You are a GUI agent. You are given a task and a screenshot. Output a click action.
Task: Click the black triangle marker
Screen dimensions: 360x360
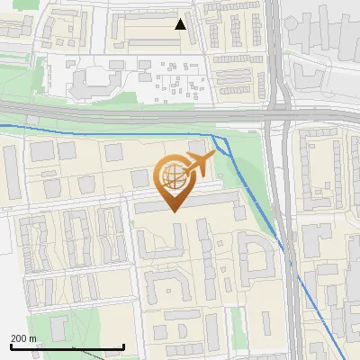[181, 24]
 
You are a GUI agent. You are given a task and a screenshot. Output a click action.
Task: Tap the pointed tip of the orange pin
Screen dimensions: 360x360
[174, 211]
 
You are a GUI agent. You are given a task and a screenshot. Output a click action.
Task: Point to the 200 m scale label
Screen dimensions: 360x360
[23, 338]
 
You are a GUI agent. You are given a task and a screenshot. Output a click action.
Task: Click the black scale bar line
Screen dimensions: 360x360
[67, 347]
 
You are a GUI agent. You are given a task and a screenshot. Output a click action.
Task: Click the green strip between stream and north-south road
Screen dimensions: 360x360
[262, 180]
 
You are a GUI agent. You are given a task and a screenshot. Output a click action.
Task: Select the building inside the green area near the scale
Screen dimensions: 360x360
[59, 326]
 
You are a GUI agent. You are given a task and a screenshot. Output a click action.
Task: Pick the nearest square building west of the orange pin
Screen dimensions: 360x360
[139, 177]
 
